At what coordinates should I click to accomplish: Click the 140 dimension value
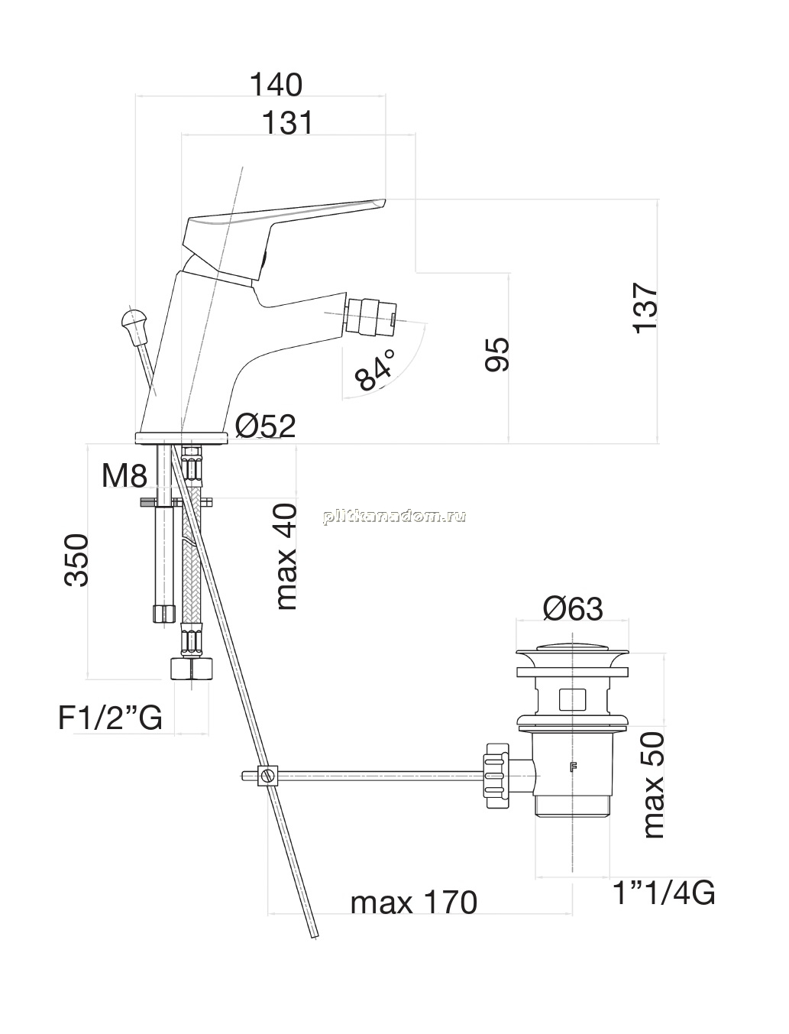point(276,85)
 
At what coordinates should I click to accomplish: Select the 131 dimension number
point(287,122)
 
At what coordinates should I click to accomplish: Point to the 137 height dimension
point(645,309)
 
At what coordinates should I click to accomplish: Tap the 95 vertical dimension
point(497,355)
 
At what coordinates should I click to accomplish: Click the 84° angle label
point(374,371)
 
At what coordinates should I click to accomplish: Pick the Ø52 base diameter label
point(266,426)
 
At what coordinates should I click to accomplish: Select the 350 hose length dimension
point(76,559)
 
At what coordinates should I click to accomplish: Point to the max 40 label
point(286,557)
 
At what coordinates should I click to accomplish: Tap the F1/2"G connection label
point(110,718)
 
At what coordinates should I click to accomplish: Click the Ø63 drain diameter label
point(573,608)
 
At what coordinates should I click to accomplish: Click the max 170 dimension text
point(414,903)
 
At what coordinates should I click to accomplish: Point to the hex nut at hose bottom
point(191,669)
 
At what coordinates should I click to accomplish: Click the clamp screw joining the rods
point(268,775)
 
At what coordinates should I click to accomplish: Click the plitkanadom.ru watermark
point(394,517)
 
